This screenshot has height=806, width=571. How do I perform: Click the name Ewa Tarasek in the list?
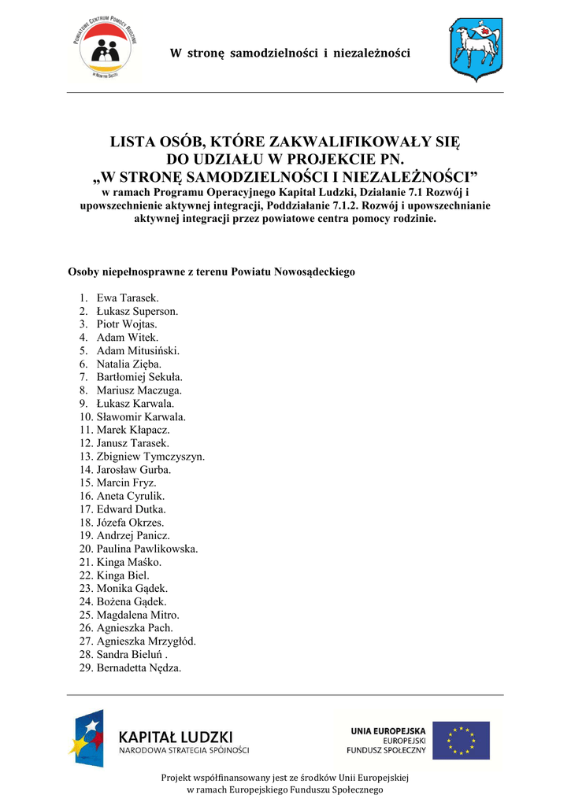coord(127,298)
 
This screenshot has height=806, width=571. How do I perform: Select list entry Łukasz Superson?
coord(137,311)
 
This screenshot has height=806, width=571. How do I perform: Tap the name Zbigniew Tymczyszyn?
coord(150,457)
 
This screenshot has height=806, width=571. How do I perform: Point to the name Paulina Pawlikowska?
coord(147,549)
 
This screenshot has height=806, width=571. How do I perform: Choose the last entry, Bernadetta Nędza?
coord(139,668)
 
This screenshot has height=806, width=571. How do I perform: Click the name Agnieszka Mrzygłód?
coord(146,641)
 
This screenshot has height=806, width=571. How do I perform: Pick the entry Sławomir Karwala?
coord(141,416)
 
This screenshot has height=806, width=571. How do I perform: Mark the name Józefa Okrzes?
coord(130,523)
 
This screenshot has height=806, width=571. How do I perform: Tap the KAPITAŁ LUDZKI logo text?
coord(176,737)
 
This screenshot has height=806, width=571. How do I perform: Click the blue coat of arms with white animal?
coord(475,51)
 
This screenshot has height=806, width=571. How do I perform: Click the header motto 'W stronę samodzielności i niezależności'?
coord(291,54)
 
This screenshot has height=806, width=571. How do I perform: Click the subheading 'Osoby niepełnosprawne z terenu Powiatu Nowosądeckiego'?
coord(212,272)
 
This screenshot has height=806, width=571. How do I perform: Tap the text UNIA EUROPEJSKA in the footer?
coord(388,730)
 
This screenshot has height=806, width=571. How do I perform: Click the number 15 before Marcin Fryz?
coord(85,482)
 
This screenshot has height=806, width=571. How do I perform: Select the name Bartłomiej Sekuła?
coord(139,377)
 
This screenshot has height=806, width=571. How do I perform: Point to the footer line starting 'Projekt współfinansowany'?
coord(284,778)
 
